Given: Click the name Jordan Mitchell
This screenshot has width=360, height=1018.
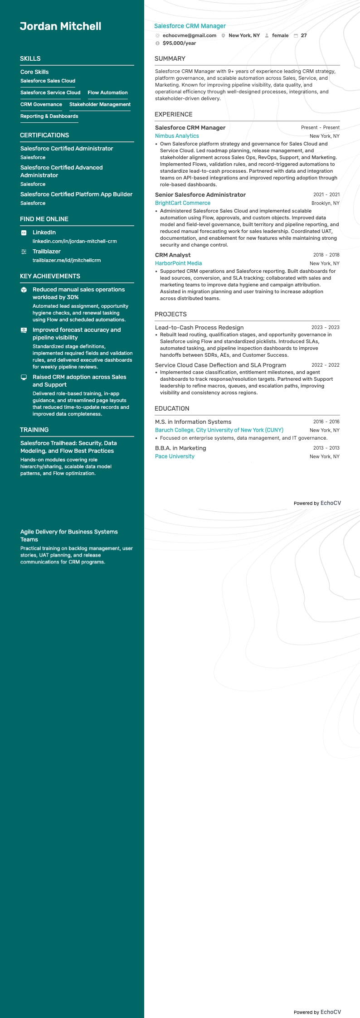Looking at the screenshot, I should [x=60, y=26].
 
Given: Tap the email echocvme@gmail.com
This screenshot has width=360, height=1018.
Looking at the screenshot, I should [x=189, y=35].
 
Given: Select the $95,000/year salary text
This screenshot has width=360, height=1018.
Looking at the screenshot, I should [x=179, y=44].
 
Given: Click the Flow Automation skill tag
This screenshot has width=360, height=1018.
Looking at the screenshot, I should [x=107, y=93].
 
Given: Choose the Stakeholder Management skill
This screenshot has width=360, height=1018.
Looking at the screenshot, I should [x=100, y=105].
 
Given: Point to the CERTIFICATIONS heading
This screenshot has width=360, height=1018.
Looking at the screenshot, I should [x=44, y=136].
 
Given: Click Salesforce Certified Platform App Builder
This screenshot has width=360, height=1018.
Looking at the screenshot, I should [x=76, y=194].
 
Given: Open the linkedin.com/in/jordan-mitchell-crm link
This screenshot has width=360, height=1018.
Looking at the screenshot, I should [x=74, y=242].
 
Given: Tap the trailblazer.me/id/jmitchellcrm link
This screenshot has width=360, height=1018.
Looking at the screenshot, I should [x=67, y=261].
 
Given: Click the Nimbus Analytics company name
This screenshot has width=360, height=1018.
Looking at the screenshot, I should [x=177, y=136].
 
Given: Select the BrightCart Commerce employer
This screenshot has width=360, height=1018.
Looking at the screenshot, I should [x=183, y=203].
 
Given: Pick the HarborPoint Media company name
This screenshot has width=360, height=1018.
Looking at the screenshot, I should [x=178, y=263].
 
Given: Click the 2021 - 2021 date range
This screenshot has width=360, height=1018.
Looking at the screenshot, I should [x=326, y=195].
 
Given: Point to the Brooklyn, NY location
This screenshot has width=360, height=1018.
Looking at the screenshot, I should [x=325, y=204].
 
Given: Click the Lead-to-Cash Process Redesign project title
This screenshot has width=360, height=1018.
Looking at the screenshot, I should [x=199, y=328].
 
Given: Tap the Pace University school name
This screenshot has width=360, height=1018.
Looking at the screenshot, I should [x=175, y=456].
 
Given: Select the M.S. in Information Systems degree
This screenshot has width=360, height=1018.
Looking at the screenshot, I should [x=193, y=422].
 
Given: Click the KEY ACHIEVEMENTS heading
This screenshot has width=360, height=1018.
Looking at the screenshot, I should [x=50, y=276].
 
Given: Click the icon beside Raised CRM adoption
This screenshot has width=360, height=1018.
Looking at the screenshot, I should [x=24, y=378].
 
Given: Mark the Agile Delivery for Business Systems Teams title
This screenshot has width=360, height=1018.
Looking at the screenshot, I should [x=69, y=536].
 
